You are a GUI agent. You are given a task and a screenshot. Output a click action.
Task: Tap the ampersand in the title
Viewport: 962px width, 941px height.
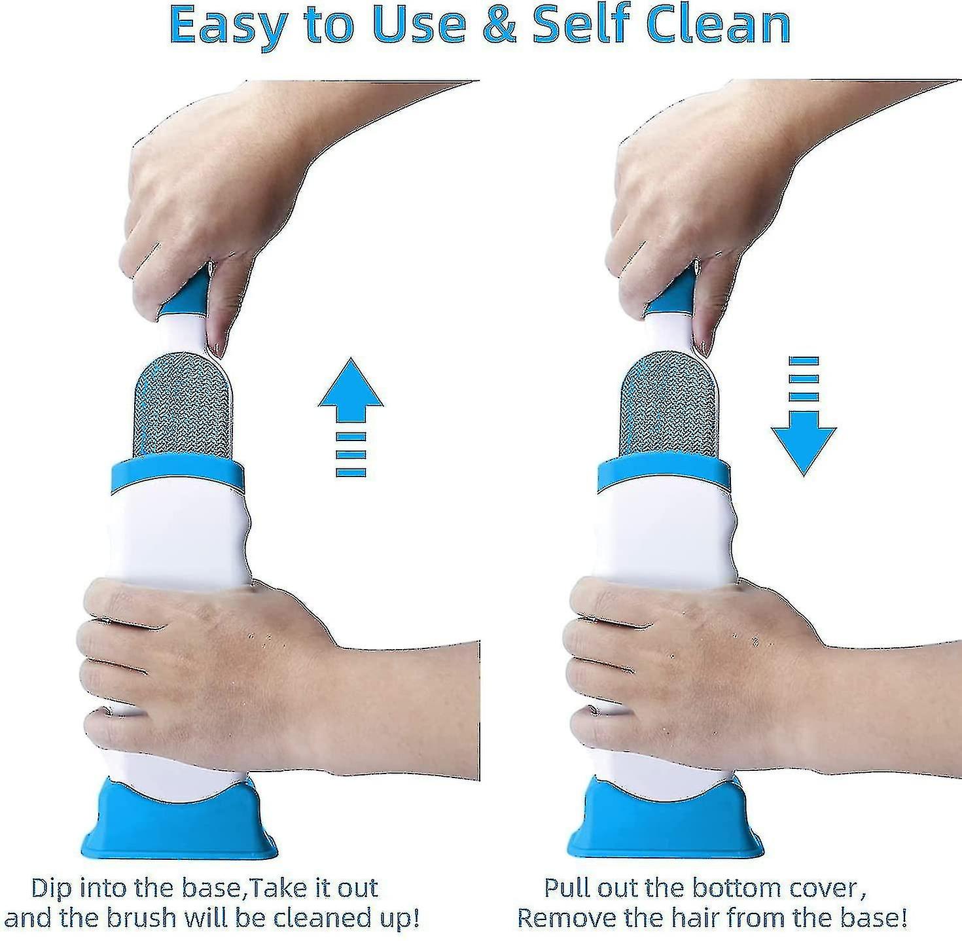(499, 26)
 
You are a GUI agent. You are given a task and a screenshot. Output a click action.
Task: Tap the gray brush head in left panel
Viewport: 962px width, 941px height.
(183, 407)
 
